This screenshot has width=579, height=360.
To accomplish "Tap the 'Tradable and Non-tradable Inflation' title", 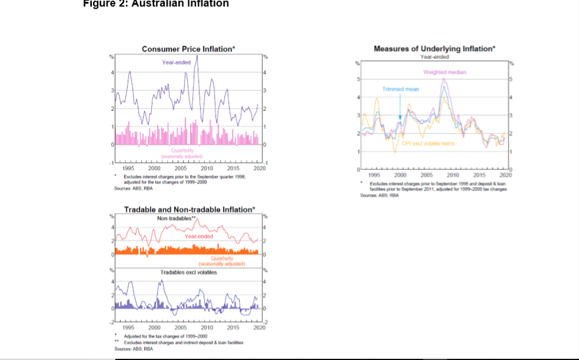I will pyautogui.click(x=189, y=209).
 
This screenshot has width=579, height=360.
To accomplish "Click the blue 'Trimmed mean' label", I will pyautogui.click(x=401, y=89).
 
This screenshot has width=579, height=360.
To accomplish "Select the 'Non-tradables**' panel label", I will pyautogui.click(x=176, y=218).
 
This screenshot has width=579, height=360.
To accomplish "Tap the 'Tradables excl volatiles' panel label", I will pyautogui.click(x=188, y=272).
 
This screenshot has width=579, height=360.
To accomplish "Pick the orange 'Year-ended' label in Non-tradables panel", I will pyautogui.click(x=198, y=236).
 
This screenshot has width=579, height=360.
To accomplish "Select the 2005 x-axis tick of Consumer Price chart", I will pyautogui.click(x=189, y=168).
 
